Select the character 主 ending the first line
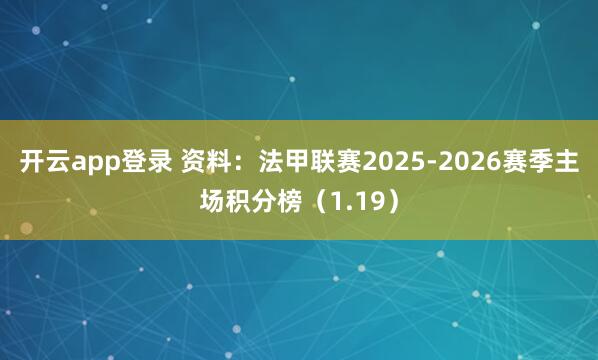(x=566, y=161)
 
